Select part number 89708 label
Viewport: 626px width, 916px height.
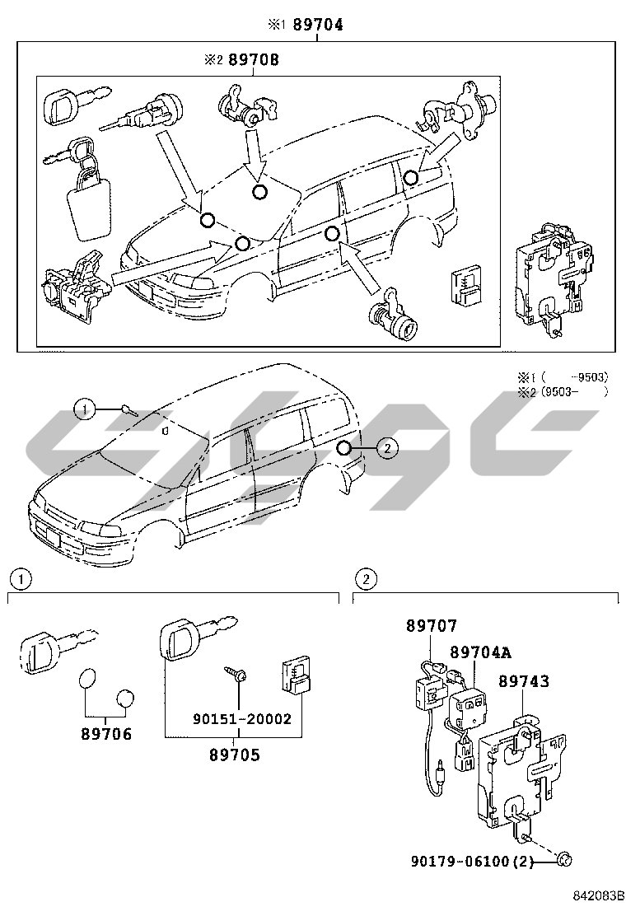pyautogui.click(x=253, y=60)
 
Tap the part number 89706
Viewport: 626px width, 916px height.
pyautogui.click(x=106, y=733)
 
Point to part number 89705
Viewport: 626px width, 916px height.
pyautogui.click(x=234, y=754)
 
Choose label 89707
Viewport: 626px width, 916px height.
pyautogui.click(x=431, y=627)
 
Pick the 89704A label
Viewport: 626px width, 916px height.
pyautogui.click(x=480, y=652)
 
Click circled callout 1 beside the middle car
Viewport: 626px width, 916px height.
pyautogui.click(x=83, y=409)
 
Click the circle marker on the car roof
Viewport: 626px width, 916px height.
pyautogui.click(x=259, y=192)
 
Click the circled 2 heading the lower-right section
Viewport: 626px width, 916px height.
pyautogui.click(x=365, y=579)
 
